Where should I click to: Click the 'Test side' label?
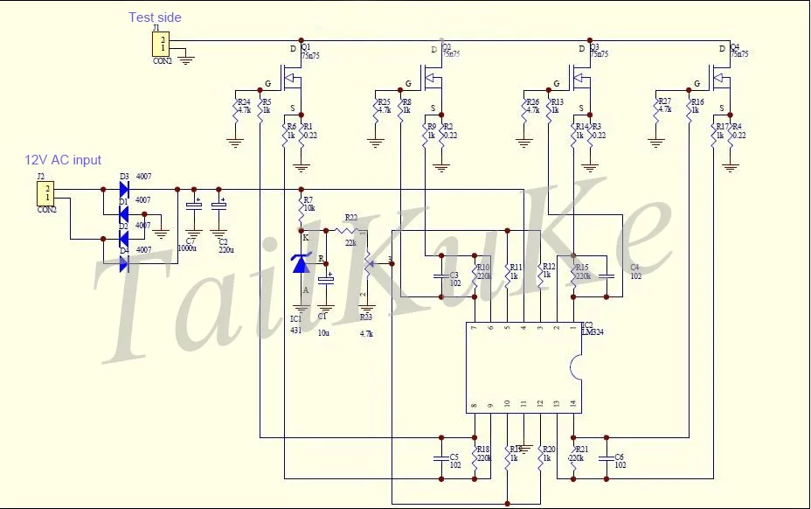(155, 17)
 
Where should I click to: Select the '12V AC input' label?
(63, 160)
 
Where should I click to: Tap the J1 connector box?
(163, 44)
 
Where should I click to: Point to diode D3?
(123, 188)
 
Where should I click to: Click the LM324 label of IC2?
(593, 332)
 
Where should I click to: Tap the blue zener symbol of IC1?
(302, 261)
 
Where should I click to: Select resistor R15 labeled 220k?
(573, 274)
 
